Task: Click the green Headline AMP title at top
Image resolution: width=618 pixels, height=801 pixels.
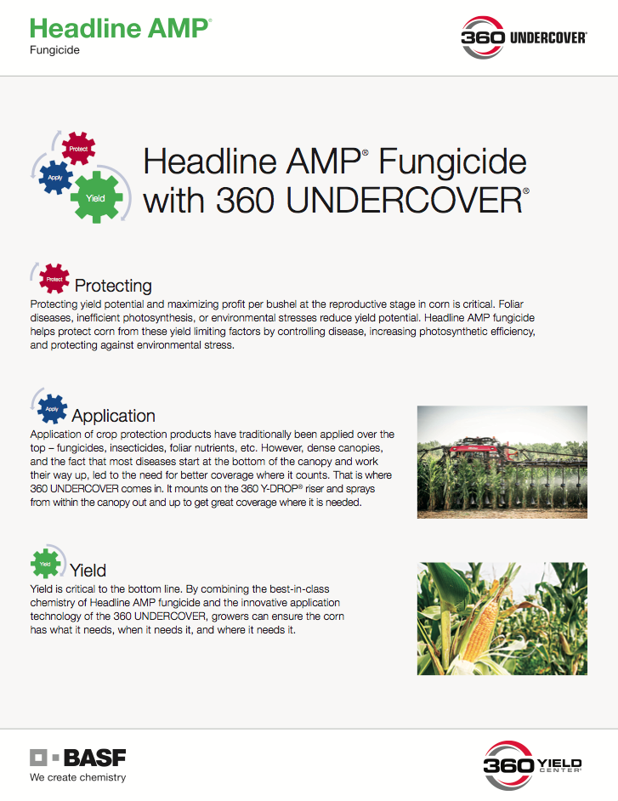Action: (x=120, y=29)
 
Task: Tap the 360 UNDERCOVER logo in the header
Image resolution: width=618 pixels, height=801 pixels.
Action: (x=524, y=37)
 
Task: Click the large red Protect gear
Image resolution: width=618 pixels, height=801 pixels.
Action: (x=78, y=148)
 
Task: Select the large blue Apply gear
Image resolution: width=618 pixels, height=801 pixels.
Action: (x=55, y=177)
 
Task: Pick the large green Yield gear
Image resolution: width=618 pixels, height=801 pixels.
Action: (x=97, y=197)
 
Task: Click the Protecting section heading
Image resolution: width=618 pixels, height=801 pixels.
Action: (x=113, y=286)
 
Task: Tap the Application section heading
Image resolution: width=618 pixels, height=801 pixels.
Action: (x=113, y=416)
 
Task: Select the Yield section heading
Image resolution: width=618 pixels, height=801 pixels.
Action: (x=88, y=570)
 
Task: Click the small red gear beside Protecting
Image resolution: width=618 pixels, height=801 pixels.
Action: (x=54, y=279)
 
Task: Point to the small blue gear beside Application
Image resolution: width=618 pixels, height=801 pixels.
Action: (x=52, y=409)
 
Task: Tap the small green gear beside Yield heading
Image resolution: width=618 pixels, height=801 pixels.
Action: (x=45, y=564)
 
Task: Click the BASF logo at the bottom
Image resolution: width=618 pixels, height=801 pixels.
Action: (x=77, y=758)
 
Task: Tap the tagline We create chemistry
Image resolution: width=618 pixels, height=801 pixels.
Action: (x=77, y=777)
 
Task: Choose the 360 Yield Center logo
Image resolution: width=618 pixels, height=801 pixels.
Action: (x=532, y=765)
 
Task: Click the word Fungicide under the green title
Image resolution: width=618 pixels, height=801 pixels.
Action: (x=54, y=50)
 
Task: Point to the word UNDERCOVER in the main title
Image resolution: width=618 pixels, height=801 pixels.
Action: (x=404, y=201)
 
